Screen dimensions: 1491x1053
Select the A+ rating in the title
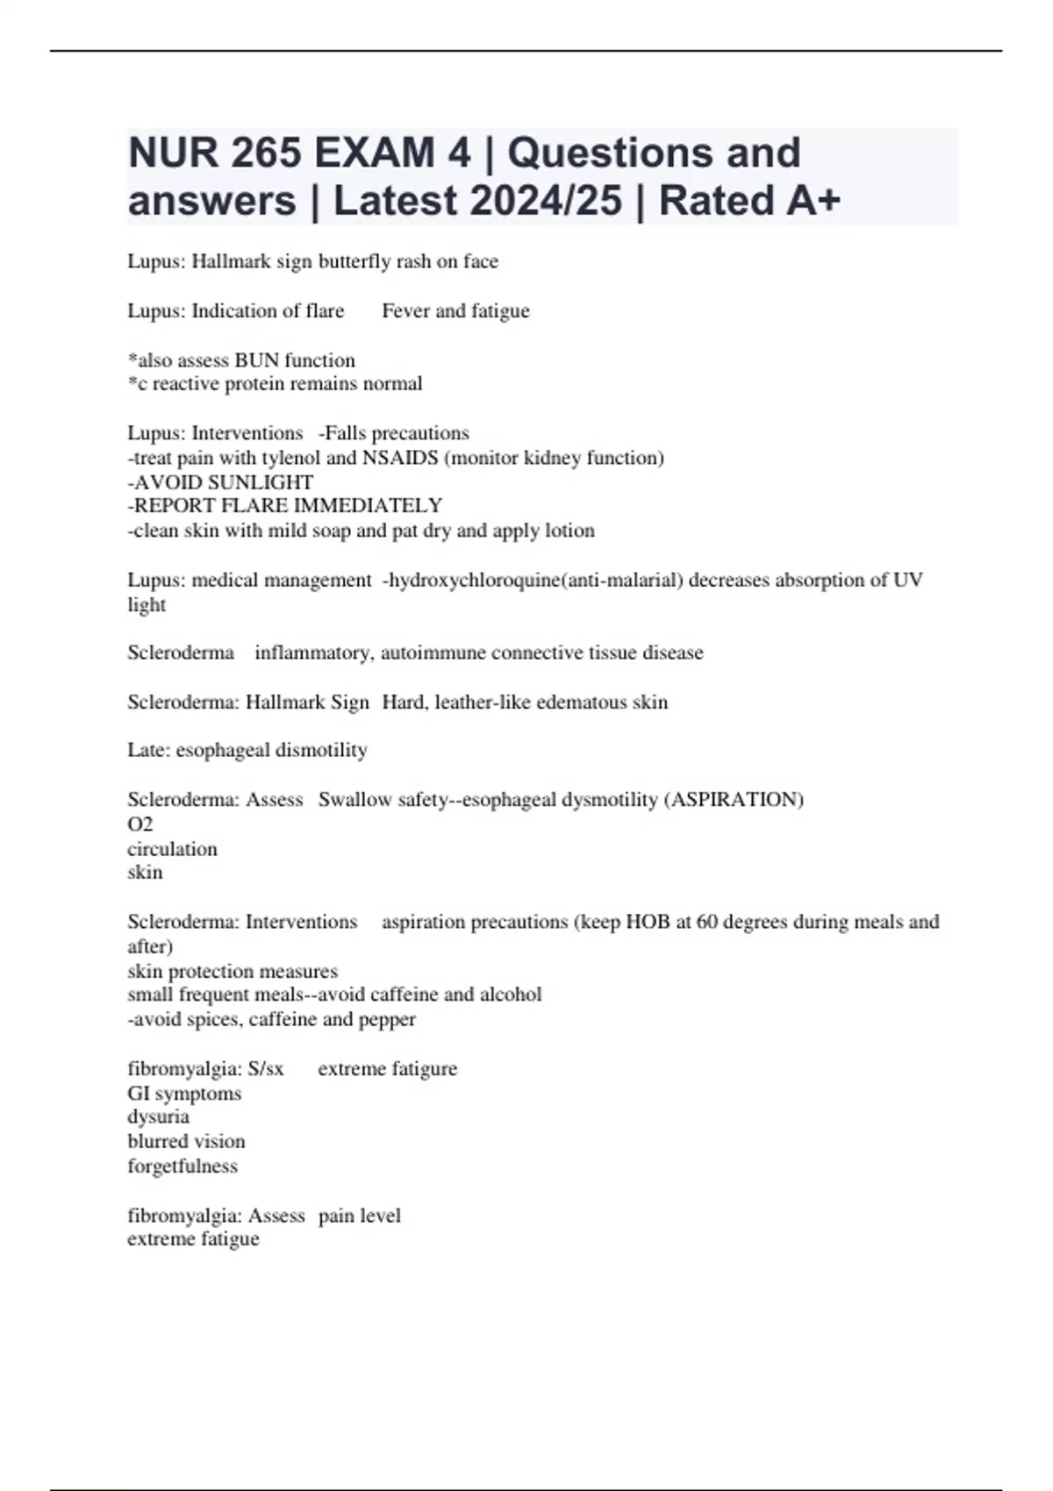[813, 201]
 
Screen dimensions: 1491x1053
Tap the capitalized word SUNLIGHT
[265, 482]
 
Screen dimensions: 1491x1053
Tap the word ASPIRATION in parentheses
[736, 800]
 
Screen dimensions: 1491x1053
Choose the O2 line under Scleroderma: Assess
[140, 824]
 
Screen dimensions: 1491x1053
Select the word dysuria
[159, 1116]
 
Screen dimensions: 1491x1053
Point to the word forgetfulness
[183, 1166]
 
